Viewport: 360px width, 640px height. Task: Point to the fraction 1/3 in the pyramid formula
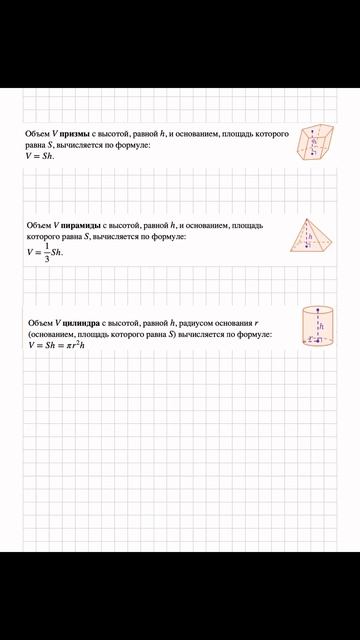pyautogui.click(x=46, y=251)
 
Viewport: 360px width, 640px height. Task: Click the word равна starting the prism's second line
pyautogui.click(x=37, y=144)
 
